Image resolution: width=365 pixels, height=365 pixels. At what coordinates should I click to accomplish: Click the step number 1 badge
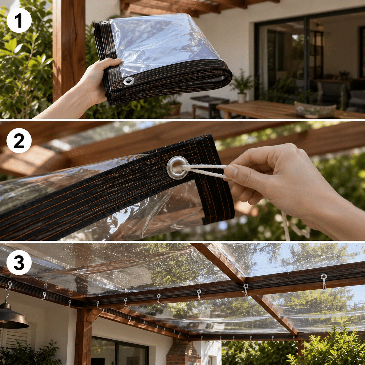click(19, 20)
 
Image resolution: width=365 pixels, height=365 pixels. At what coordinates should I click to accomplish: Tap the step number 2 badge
click(19, 141)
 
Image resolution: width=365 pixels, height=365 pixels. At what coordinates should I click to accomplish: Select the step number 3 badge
click(19, 262)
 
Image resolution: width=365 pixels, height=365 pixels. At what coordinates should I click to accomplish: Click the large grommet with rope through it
click(178, 168)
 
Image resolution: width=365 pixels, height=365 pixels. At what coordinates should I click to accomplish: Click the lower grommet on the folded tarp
click(129, 81)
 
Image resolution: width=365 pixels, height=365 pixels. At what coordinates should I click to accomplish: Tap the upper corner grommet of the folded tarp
click(104, 23)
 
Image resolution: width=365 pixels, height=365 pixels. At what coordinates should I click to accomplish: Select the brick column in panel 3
click(183, 352)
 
